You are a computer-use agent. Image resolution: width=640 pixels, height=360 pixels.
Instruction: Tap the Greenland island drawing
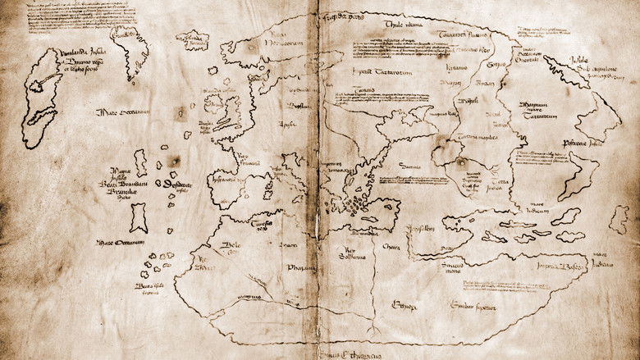coord(130,50)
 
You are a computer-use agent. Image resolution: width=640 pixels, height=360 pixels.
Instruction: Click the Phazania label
coord(300,267)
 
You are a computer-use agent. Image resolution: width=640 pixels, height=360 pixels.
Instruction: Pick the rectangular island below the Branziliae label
coord(138,218)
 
